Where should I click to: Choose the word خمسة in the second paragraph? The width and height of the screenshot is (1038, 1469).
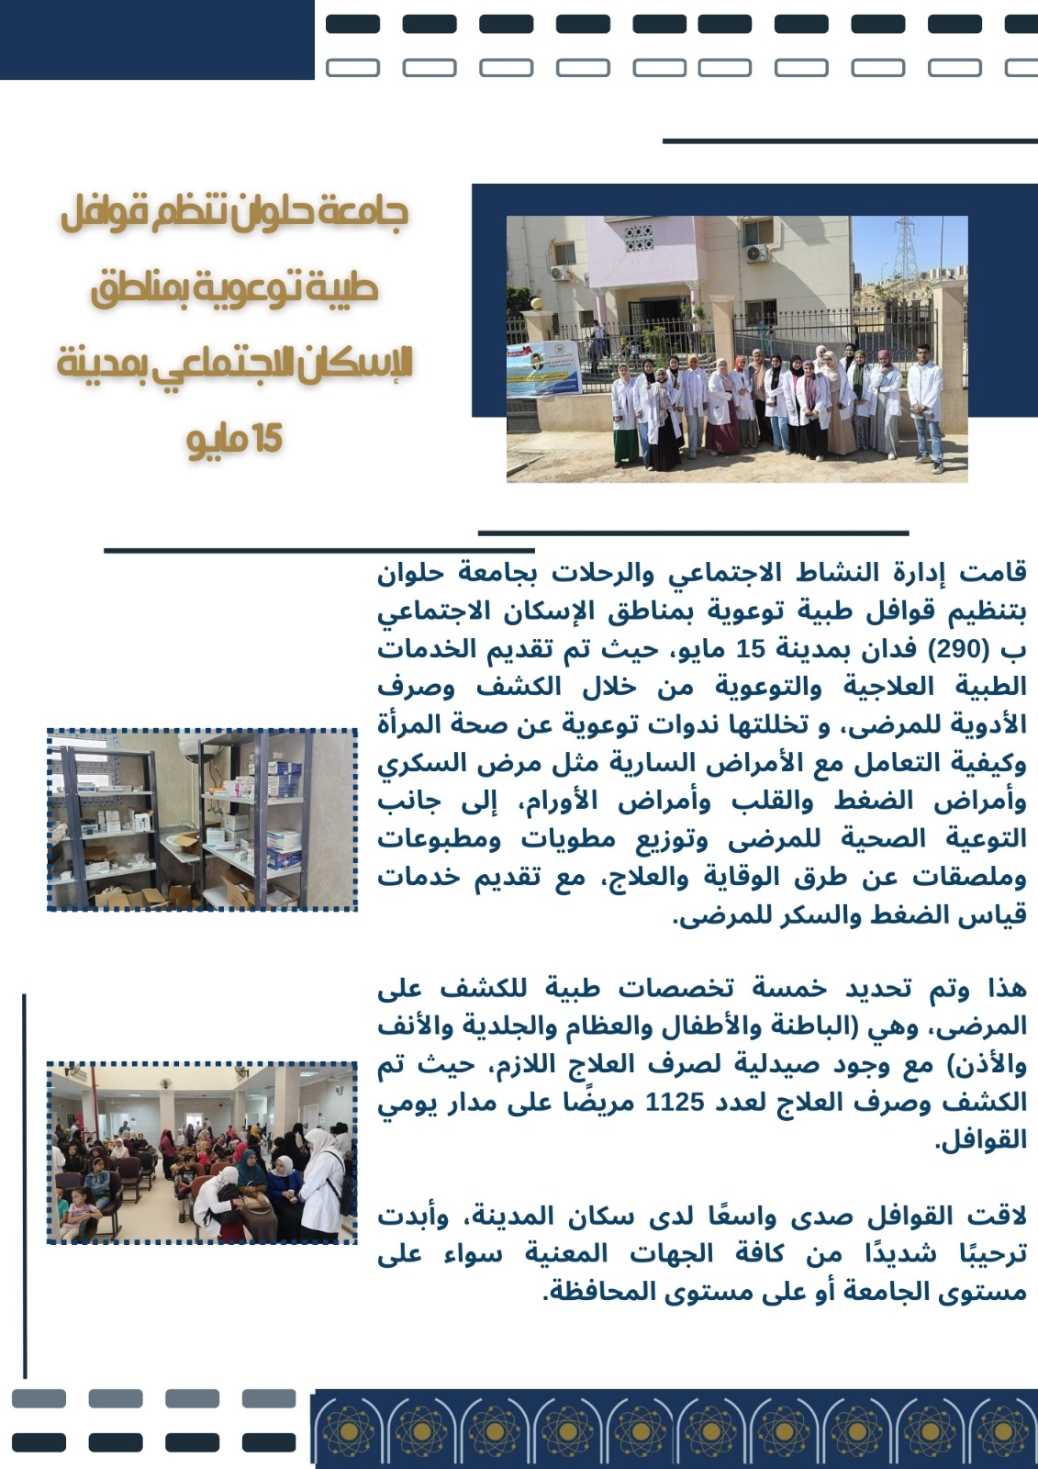789,988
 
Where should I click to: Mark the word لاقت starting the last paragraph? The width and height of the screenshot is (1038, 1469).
997,1217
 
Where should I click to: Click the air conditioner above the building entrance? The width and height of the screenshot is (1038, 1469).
756,252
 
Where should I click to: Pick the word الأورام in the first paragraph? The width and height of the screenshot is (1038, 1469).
561,802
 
